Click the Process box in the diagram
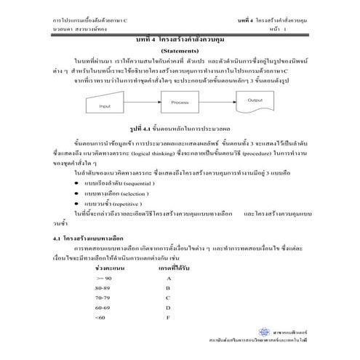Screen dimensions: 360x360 point(180,104)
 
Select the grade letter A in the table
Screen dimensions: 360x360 point(168,278)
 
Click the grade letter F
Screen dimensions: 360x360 point(168,317)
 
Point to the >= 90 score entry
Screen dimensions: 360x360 point(103,278)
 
